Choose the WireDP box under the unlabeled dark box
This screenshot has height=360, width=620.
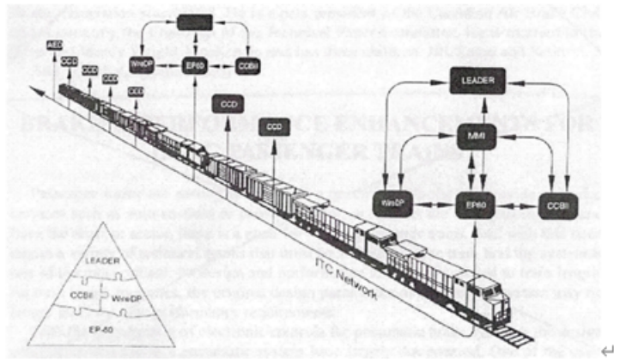point(142,64)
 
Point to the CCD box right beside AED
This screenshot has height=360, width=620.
point(70,63)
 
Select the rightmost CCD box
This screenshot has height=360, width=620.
point(274,126)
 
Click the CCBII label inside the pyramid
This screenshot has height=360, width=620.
point(82,294)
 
